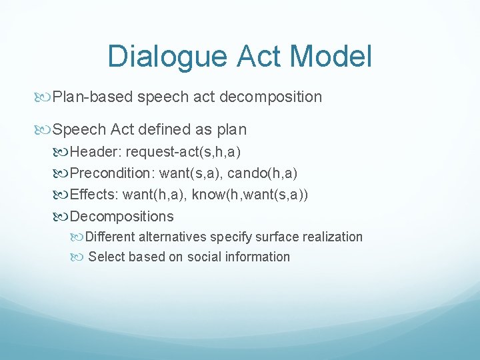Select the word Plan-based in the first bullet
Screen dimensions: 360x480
93,97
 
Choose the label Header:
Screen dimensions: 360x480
96,151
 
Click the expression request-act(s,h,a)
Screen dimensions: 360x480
183,151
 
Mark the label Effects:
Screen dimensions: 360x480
95,195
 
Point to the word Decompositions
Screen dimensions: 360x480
121,217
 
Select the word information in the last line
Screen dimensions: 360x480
260,257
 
